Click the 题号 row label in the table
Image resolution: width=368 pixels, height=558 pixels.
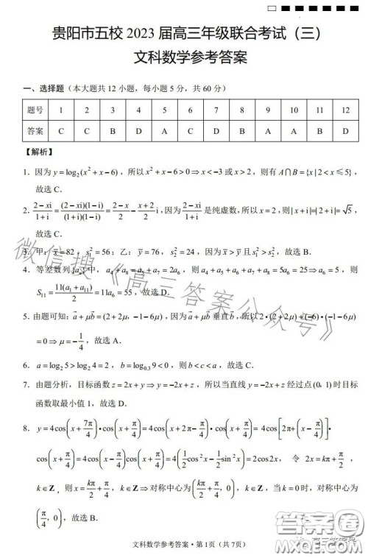pos(35,110)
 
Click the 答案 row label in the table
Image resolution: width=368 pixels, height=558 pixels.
pos(35,132)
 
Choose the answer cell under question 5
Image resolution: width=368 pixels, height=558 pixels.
pos(164,132)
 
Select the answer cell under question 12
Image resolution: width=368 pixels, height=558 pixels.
pos(345,132)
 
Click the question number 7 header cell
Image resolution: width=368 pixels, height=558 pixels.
pos(216,110)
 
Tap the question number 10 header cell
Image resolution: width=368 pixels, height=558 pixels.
pos(294,110)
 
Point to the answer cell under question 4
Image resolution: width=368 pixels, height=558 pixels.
pos(138,132)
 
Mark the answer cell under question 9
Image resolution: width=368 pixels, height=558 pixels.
pos(268,132)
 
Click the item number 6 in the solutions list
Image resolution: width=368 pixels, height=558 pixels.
pos(26,364)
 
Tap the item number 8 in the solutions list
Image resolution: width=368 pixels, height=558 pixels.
pos(26,428)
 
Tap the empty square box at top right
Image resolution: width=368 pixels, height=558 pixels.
pos(273,8)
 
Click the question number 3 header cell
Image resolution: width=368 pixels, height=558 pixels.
pos(113,110)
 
